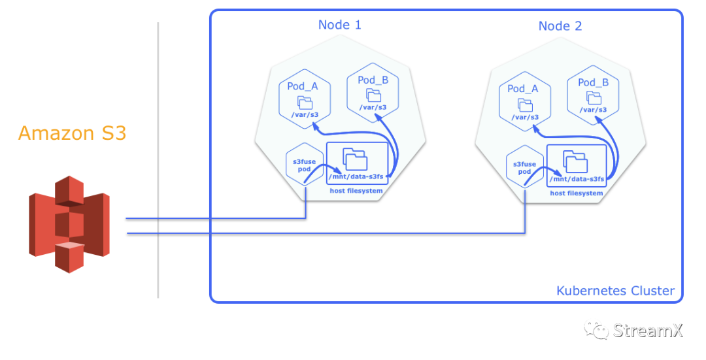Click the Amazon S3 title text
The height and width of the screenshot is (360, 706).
pyautogui.click(x=72, y=133)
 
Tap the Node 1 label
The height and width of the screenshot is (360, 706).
pyautogui.click(x=339, y=25)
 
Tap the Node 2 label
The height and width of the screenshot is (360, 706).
pyautogui.click(x=560, y=26)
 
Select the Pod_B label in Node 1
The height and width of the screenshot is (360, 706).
pyautogui.click(x=373, y=80)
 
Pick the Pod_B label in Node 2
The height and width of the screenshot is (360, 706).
pyautogui.click(x=593, y=82)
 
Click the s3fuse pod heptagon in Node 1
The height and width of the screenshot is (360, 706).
pyautogui.click(x=305, y=163)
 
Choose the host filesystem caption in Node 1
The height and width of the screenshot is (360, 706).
pyautogui.click(x=356, y=190)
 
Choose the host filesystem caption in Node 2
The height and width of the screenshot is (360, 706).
pyautogui.click(x=576, y=193)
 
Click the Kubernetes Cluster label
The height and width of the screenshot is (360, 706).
pyautogui.click(x=615, y=291)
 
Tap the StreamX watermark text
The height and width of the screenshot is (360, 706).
pyautogui.click(x=647, y=330)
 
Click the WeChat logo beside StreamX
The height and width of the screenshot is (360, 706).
pyautogui.click(x=596, y=329)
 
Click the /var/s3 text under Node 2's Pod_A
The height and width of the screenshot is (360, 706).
pyautogui.click(x=525, y=118)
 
